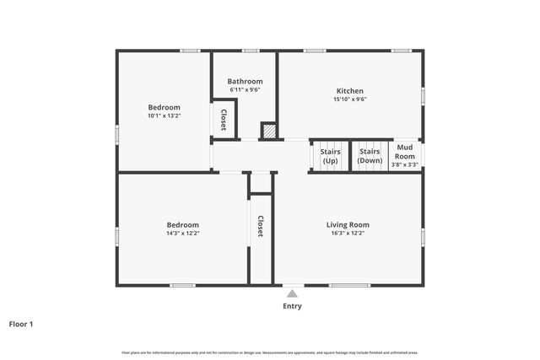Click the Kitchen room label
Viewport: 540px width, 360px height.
pyautogui.click(x=350, y=91)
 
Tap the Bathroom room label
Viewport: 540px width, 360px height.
pyautogui.click(x=245, y=81)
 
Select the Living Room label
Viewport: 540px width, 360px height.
pyautogui.click(x=348, y=225)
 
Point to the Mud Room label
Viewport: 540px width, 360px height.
pyautogui.click(x=405, y=152)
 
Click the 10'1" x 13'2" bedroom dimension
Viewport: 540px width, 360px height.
pyautogui.click(x=164, y=116)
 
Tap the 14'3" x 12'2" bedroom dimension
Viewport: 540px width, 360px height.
pyautogui.click(x=182, y=234)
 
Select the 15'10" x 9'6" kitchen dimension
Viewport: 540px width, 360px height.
pyautogui.click(x=350, y=99)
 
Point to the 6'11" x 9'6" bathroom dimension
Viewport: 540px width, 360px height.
pyautogui.click(x=245, y=89)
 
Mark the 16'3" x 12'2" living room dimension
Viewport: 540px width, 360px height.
pyautogui.click(x=348, y=234)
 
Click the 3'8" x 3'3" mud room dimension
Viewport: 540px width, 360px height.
pyautogui.click(x=405, y=164)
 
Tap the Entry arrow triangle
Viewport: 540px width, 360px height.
pyautogui.click(x=292, y=293)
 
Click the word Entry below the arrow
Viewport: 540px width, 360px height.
pyautogui.click(x=292, y=306)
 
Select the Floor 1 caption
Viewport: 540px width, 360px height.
pyautogui.click(x=20, y=324)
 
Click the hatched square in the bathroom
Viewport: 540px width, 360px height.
pyautogui.click(x=269, y=131)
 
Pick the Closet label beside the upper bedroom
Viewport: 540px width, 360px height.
pyautogui.click(x=224, y=119)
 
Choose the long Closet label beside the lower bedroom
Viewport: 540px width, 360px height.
pyautogui.click(x=261, y=226)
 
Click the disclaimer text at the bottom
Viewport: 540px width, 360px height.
pyautogui.click(x=270, y=352)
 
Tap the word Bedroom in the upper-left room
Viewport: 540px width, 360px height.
pyautogui.click(x=164, y=107)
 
